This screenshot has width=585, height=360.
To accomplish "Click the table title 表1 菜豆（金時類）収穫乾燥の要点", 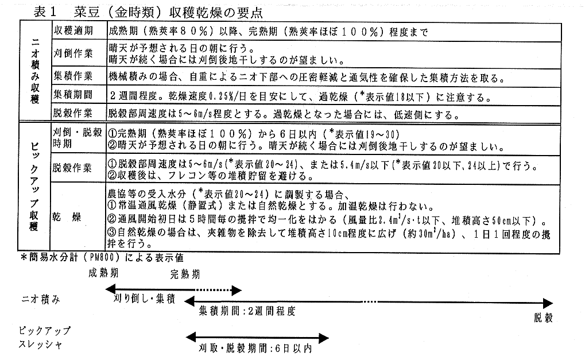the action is pos(148,12).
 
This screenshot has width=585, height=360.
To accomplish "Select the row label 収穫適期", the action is pos(73,30).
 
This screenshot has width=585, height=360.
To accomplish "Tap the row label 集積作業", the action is pos(73,76).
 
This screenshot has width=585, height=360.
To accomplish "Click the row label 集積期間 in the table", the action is pos(73,94).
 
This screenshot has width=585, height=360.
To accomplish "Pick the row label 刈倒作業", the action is pos(73,53).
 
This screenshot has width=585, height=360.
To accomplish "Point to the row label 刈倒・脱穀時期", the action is pos(78,138).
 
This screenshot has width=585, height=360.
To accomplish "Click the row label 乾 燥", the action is pos(67,217).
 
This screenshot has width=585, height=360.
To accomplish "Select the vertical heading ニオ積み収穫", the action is pos(34,70).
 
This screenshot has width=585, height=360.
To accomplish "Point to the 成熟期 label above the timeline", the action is pos(103,273).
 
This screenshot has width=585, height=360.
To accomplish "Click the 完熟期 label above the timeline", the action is pos(185,274).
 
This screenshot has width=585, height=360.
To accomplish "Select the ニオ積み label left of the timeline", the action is pos(41,300).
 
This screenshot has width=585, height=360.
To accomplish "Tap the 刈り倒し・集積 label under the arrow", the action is pos(144,299).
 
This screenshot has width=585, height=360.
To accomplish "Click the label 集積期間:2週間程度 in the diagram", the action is pos(247,311).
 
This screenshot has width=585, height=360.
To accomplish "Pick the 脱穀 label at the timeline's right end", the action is pos(543,318).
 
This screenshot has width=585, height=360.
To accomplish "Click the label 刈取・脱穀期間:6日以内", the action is pos(255,349).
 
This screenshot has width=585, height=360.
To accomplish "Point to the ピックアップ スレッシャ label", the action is pos(44,338).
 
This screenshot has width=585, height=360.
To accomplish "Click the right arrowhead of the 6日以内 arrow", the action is pos(324,338).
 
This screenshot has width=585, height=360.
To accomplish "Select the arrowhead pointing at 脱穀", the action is pos(548,303).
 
